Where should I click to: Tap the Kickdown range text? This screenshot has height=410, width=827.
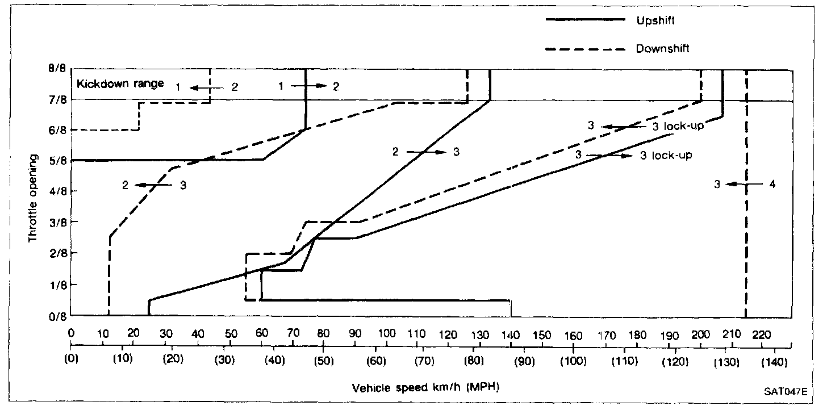pos(120,84)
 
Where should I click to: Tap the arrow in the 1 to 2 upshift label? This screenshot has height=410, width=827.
pos(310,86)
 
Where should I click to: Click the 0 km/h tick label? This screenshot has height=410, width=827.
pos(72,335)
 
